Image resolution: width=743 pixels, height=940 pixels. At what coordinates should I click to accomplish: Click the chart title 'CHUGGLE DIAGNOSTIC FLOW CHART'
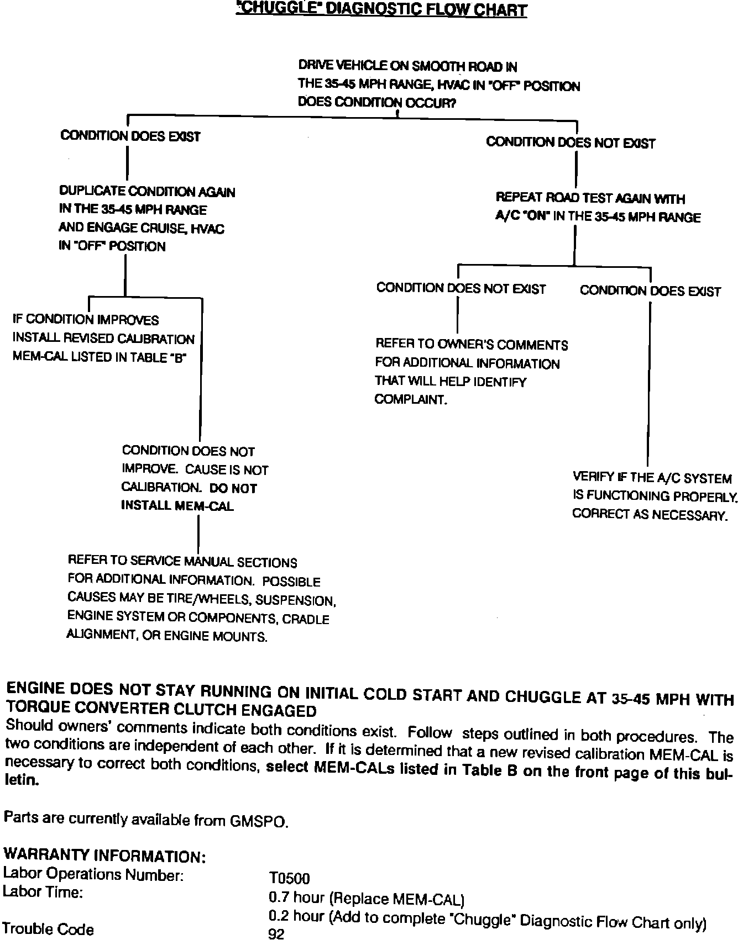[x=381, y=9]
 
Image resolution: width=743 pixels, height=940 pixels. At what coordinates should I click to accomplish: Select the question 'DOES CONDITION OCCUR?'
[x=376, y=103]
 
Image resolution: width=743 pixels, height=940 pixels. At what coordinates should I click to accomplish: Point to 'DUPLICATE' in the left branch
[x=92, y=191]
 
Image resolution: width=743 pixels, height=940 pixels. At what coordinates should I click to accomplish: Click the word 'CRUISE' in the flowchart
[x=165, y=228]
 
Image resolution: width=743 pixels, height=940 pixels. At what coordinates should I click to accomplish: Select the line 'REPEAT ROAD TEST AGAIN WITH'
[x=590, y=198]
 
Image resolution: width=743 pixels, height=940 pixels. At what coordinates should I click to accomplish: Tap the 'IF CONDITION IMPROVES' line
[x=86, y=320]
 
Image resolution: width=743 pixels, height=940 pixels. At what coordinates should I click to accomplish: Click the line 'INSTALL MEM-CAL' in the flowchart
[x=177, y=505]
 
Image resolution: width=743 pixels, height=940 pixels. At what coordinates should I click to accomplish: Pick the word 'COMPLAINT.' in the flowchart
[x=410, y=399]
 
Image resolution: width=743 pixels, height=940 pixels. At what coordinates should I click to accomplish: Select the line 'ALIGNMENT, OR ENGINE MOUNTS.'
[x=167, y=636]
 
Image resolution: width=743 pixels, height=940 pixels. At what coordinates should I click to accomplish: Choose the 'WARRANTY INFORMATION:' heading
[x=105, y=856]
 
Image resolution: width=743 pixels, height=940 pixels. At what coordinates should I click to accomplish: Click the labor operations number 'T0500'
[x=289, y=878]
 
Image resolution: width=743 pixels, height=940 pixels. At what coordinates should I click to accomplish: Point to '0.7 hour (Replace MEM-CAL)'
[x=366, y=899]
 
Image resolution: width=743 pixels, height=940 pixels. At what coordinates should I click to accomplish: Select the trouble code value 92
[x=276, y=934]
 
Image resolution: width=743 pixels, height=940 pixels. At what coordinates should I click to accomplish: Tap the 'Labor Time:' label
[x=43, y=892]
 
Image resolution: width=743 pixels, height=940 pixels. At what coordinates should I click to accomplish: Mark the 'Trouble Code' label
[x=48, y=930]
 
